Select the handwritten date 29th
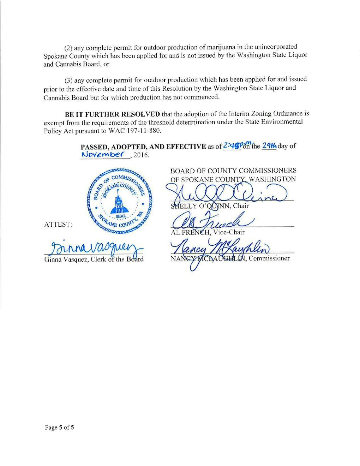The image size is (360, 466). pyautogui.click(x=269, y=146)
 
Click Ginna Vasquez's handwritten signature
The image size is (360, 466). pyautogui.click(x=94, y=247)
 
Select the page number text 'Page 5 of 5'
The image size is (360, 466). pyautogui.click(x=59, y=428)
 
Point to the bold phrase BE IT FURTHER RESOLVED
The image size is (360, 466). pyautogui.click(x=112, y=114)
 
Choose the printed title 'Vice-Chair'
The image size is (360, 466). pyautogui.click(x=229, y=232)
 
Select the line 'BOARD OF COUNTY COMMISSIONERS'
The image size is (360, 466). pyautogui.click(x=233, y=171)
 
